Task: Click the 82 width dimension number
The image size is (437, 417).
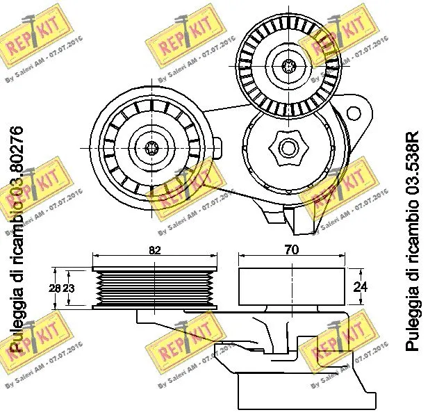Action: [154, 251]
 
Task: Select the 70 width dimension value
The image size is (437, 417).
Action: [291, 251]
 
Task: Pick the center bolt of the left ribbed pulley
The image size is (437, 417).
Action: [154, 147]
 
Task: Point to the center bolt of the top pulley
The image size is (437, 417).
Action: [289, 66]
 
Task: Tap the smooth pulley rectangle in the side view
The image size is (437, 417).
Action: [290, 286]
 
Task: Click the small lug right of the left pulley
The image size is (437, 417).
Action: [217, 147]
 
